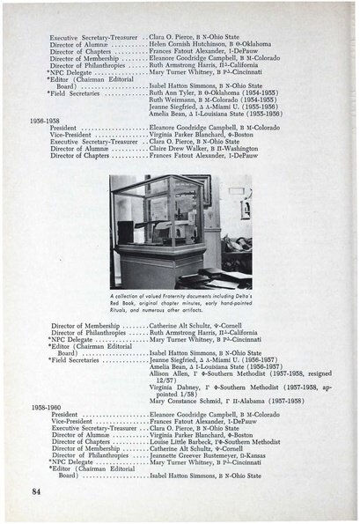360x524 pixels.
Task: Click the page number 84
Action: coord(36,489)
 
